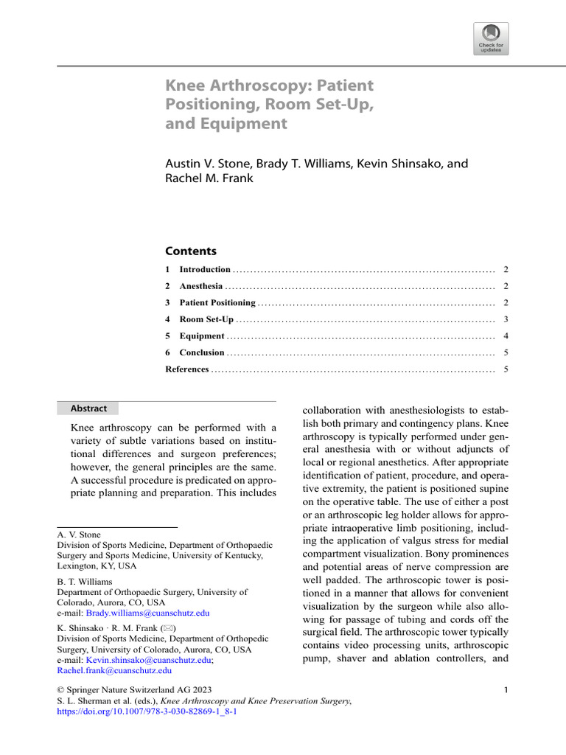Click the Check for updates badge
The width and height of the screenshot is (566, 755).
pos(491,38)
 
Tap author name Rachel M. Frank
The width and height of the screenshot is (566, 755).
pos(209,178)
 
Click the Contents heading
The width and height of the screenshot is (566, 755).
pos(191,251)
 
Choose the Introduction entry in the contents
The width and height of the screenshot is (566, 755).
pos(205,270)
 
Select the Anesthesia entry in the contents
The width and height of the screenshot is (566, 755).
pos(200,286)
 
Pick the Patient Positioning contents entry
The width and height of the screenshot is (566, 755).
pos(217,303)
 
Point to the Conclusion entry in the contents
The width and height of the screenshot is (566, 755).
pos(201,352)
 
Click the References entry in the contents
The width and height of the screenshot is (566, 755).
pos(187,369)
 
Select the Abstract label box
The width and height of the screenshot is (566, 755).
pos(88,408)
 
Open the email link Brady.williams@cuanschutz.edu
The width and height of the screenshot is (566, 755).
pos(147,613)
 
